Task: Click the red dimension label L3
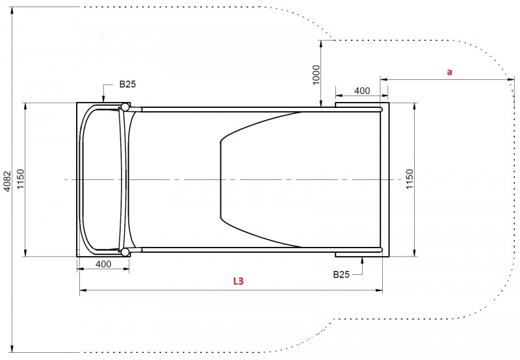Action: coord(239,281)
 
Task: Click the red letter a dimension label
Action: coord(449,72)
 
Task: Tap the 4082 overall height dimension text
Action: coord(7,181)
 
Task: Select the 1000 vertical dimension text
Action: coord(316,75)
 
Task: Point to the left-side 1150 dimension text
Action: coord(21,179)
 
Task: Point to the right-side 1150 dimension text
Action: coord(410,179)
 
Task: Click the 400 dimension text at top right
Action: coord(362,90)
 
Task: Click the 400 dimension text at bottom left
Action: coord(103,264)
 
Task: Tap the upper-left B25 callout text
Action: coord(127,84)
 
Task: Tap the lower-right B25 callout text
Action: coord(341,274)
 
